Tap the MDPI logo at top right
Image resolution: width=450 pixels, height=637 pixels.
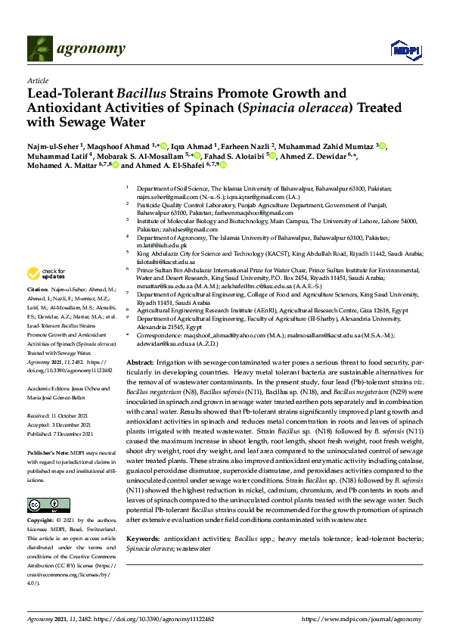click(x=401, y=50)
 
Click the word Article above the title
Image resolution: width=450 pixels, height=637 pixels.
click(x=37, y=80)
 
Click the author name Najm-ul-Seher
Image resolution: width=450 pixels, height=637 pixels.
click(x=52, y=144)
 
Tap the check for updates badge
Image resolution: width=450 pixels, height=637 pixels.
click(x=46, y=273)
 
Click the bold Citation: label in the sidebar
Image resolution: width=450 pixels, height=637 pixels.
click(x=38, y=290)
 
